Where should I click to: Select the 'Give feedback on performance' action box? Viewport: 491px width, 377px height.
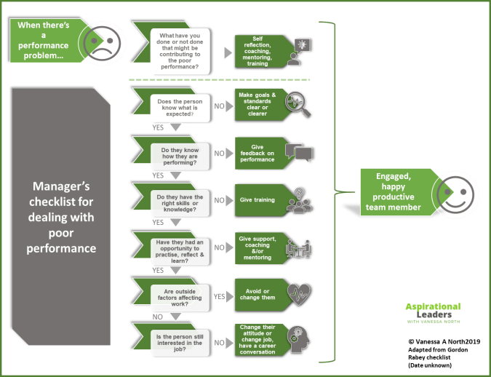click(x=258, y=154)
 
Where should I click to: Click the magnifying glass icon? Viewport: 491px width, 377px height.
click(x=299, y=103)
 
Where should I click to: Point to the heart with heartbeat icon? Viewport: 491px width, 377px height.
click(x=299, y=294)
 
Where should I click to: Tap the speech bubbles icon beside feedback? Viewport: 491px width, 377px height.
click(x=299, y=152)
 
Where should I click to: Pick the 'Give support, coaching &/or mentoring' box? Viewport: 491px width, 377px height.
click(x=258, y=247)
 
